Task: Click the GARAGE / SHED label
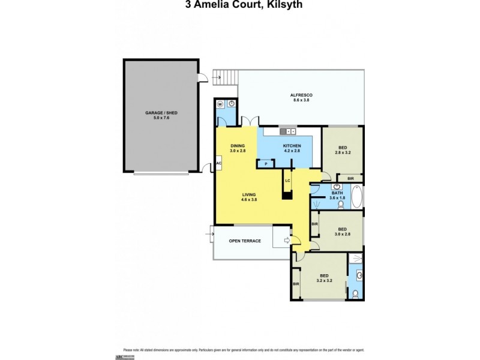(161, 115)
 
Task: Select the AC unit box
(218, 163)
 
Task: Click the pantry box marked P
(265, 163)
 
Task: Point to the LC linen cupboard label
(288, 180)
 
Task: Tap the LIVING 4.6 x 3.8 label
(249, 197)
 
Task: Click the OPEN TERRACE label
(245, 241)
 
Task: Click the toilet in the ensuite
(355, 294)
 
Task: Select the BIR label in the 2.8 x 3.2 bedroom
(350, 178)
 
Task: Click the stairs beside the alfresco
(227, 77)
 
